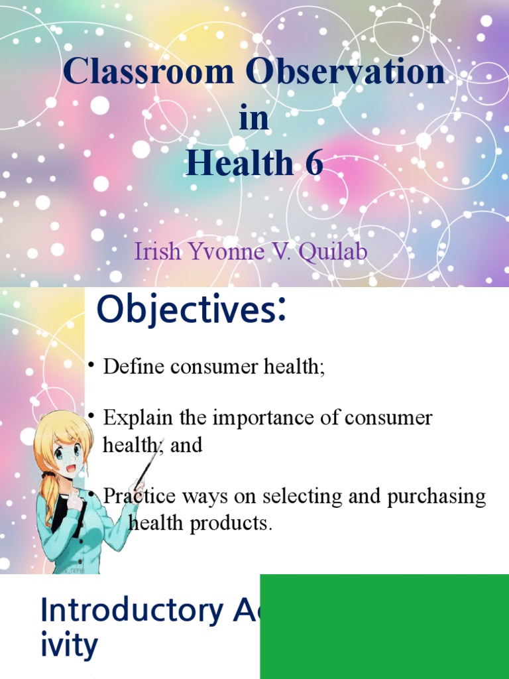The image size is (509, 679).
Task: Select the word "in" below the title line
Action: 254,117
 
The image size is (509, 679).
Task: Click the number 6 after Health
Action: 314,162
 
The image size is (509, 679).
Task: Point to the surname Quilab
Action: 333,251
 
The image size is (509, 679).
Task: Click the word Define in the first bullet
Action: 133,366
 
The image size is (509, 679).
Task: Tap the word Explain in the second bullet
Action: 139,418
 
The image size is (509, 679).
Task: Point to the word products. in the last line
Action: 231,524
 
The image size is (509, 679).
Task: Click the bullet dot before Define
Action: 91,365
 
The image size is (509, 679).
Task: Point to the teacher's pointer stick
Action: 146,463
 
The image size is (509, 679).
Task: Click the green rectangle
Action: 384,627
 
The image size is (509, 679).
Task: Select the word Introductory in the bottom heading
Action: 132,611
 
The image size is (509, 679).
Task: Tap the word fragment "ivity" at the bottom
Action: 69,646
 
